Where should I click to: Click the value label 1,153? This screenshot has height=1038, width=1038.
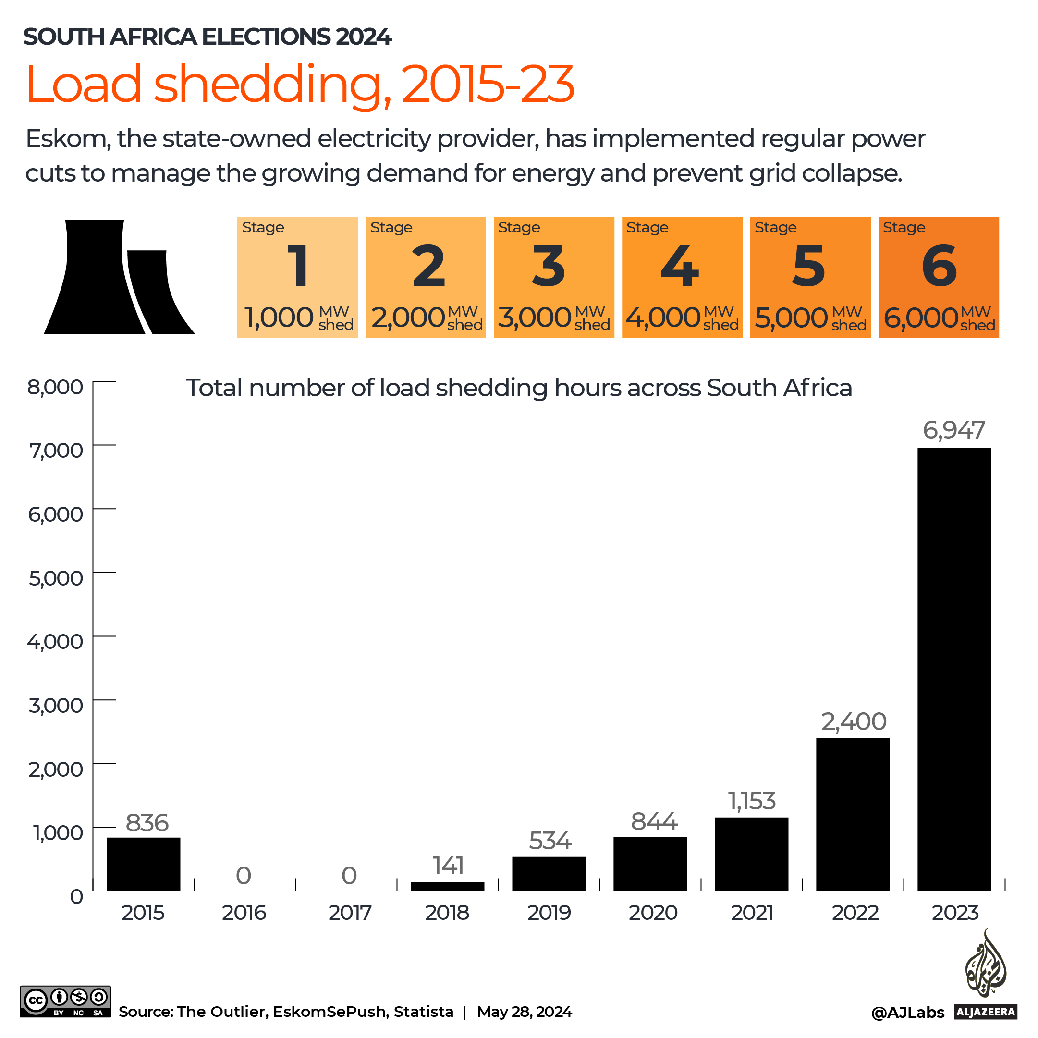[752, 801]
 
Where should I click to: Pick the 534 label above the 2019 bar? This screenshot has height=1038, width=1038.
[550, 841]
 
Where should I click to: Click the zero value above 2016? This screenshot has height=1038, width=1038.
[244, 876]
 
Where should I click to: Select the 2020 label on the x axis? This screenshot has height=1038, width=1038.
[653, 913]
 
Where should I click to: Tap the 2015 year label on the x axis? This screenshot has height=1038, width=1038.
[143, 913]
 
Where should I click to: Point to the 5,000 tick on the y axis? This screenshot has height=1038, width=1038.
[56, 578]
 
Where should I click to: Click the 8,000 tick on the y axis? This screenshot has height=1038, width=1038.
[56, 387]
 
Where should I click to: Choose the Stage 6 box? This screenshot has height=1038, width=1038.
[938, 277]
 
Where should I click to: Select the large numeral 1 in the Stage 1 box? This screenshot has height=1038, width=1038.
[298, 266]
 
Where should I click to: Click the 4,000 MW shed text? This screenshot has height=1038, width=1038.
[682, 318]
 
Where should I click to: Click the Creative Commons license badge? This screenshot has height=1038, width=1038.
[65, 1001]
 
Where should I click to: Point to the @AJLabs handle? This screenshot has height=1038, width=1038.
[907, 1013]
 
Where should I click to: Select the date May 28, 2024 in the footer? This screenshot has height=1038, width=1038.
[525, 1012]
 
